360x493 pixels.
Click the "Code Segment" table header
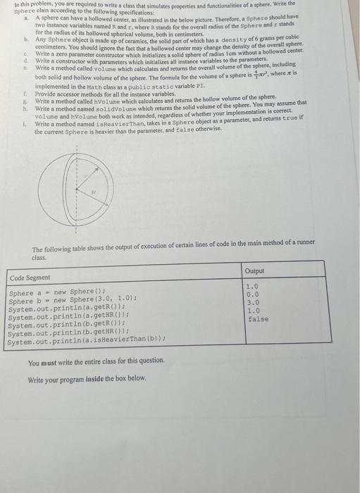[x=27, y=277]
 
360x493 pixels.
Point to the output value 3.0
[x=252, y=302]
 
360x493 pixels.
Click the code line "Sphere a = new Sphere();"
[x=56, y=292]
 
